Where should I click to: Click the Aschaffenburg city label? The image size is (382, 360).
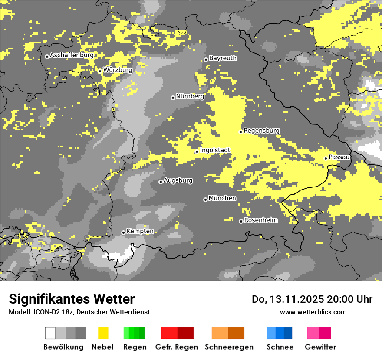(72, 56)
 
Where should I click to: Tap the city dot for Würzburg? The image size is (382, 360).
(100, 71)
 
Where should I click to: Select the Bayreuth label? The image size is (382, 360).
(223, 58)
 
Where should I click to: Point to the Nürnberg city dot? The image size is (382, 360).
(173, 98)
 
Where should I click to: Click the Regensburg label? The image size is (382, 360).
(261, 131)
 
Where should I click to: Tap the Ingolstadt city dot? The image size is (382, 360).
(197, 151)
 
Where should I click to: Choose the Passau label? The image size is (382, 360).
(339, 157)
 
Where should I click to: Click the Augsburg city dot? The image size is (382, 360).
(161, 182)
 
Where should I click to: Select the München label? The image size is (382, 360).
(222, 198)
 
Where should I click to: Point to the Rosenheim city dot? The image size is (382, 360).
(241, 222)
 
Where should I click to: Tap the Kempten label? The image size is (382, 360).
(140, 231)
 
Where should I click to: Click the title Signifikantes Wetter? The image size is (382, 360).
(72, 299)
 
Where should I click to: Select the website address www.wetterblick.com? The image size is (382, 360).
(313, 312)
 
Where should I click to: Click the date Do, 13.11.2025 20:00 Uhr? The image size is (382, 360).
(312, 299)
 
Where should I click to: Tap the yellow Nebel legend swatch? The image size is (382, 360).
(103, 333)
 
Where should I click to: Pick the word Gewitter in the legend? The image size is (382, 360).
(320, 347)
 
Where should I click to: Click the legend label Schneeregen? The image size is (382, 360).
(229, 347)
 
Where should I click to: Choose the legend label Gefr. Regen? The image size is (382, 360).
(176, 347)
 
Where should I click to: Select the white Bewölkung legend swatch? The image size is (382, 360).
(50, 333)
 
